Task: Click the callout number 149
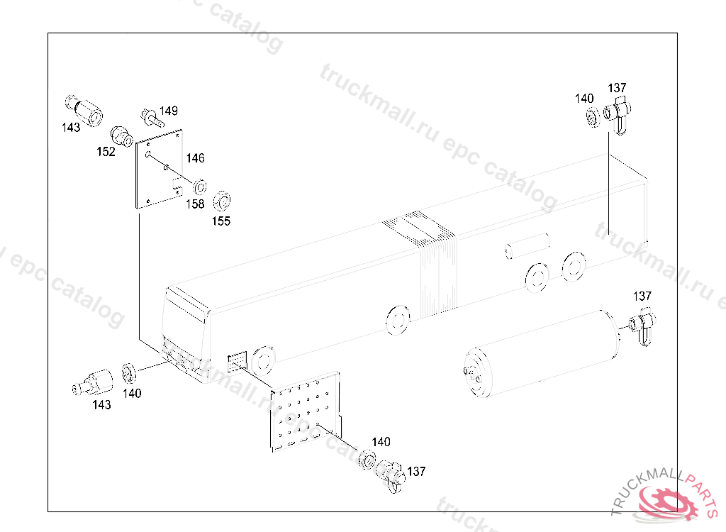point(169,111)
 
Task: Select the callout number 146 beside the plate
point(196,158)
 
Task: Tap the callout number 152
point(106,152)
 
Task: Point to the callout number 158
point(195,204)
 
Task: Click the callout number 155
point(221,221)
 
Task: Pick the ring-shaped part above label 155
point(222,201)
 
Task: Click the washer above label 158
point(199,187)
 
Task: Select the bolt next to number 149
point(152,117)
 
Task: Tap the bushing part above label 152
point(121,137)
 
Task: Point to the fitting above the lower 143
point(93,383)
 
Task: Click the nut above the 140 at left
point(128,374)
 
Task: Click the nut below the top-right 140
point(593,117)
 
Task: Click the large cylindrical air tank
point(542,355)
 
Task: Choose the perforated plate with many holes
point(306,411)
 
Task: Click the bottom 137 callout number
point(415,471)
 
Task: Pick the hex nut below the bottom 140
point(367,460)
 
